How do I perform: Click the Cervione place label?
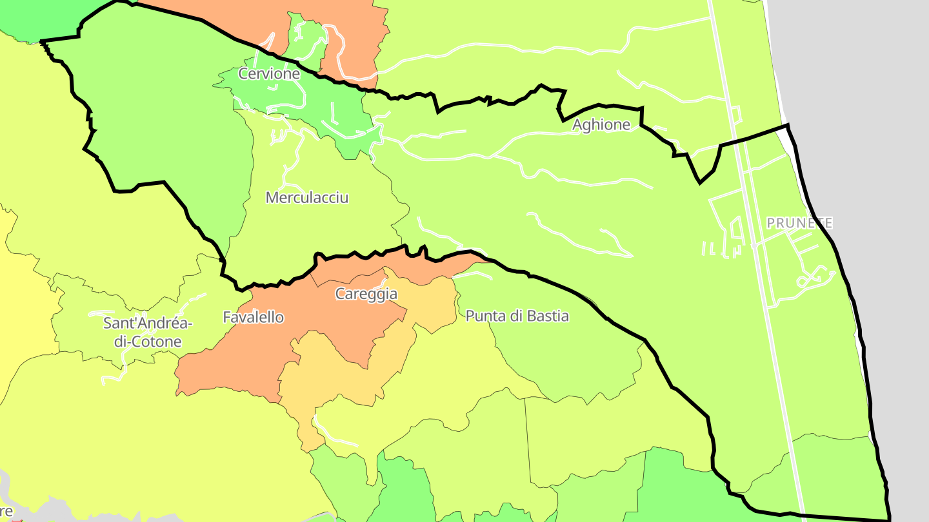pos(269,73)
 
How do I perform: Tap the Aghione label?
pos(601,125)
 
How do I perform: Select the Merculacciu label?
pos(307,197)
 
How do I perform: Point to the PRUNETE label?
pos(799,223)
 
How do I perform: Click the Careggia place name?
pos(366,295)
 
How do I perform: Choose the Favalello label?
pos(253,317)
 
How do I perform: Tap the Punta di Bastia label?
pos(517,316)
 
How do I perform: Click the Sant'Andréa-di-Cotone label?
pos(148,332)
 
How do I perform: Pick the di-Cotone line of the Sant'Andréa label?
pos(148,342)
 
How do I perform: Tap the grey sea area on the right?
pos(864,97)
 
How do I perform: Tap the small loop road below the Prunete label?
pos(804,282)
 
